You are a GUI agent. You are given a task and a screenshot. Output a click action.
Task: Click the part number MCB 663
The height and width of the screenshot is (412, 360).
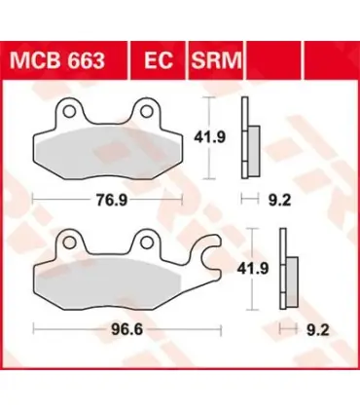[x=57, y=60]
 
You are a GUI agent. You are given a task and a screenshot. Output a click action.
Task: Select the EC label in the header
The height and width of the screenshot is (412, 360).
[x=159, y=60]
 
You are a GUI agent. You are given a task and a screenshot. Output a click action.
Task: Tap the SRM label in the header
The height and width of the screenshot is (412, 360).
[x=216, y=60]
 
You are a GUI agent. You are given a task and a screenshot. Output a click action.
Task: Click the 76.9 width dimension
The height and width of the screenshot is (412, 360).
[x=112, y=201]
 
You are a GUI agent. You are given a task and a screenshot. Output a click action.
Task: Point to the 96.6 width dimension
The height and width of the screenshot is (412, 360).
[x=126, y=330]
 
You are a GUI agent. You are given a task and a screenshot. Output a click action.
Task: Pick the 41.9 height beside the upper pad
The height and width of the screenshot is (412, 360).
[x=209, y=137]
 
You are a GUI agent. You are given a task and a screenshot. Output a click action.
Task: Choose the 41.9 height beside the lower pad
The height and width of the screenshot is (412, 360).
[x=253, y=269]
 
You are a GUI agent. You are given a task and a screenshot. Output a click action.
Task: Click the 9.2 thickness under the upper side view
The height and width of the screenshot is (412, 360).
[x=279, y=201]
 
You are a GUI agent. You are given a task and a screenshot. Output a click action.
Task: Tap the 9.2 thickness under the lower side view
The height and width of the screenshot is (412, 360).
[x=318, y=330]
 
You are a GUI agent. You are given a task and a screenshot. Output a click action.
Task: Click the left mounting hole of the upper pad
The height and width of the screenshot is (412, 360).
[x=69, y=111]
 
